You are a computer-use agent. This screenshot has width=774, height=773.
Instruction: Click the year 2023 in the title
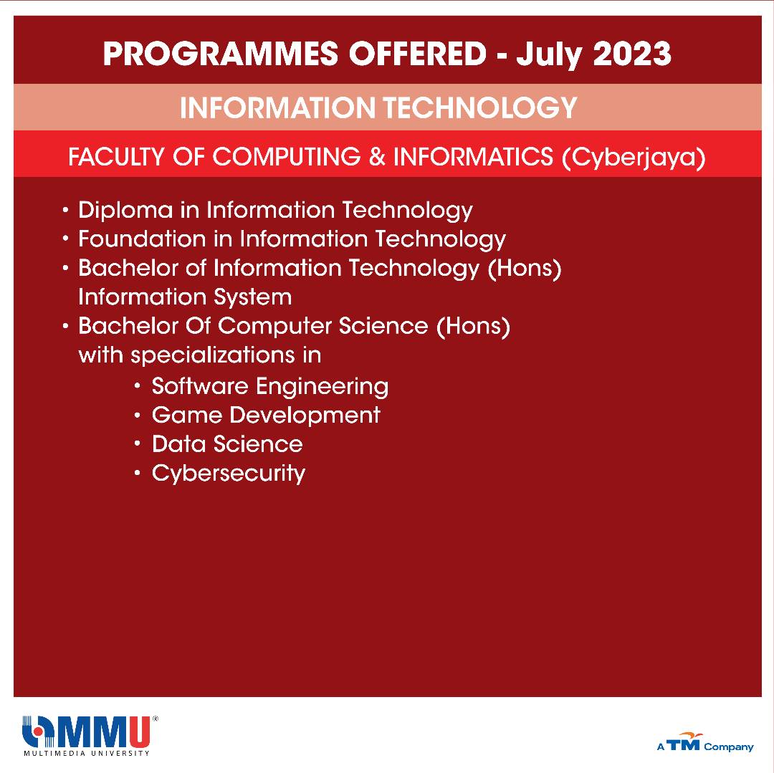coord(632,53)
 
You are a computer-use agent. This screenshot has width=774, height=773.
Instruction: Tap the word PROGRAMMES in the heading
coord(221,53)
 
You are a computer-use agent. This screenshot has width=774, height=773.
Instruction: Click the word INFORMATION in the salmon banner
coord(277,107)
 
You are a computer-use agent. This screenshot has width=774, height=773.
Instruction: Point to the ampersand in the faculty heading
coord(377,156)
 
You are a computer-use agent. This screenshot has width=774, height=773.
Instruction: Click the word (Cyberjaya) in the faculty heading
coord(634,158)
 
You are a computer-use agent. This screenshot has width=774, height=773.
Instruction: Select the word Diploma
coord(125,211)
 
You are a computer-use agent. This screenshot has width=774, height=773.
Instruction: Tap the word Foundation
coord(142,239)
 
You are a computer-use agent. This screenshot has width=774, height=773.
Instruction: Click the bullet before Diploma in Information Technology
coord(66,210)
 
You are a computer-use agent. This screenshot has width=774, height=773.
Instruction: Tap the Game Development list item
coord(266,415)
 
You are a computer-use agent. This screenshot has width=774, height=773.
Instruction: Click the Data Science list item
coord(227,444)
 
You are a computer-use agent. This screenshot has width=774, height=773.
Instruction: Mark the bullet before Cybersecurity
coord(138,473)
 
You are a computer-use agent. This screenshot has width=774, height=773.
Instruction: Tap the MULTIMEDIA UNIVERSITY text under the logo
coord(87,753)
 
